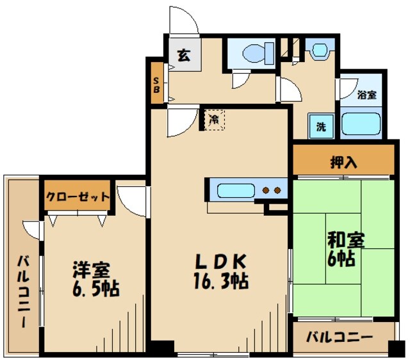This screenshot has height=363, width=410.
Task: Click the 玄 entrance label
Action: tap(184, 55)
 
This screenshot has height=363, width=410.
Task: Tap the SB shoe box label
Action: tap(156, 85)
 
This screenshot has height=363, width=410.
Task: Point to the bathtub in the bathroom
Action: tap(362, 124)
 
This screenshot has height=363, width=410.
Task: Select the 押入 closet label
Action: tap(343, 161)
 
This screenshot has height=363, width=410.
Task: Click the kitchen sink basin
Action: tap(235, 190)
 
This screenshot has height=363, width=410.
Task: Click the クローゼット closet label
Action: tap(78, 197)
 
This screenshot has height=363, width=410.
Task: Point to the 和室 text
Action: tap(346, 240)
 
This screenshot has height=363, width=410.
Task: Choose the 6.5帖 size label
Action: tap(94, 289)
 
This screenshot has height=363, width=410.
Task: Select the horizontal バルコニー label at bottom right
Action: tap(339, 337)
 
